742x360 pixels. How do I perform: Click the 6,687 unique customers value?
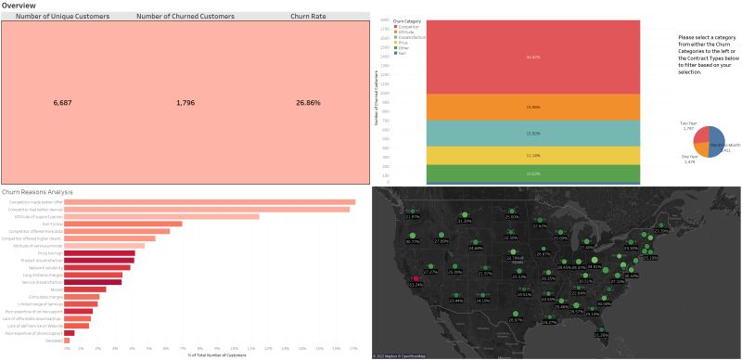coord(63,102)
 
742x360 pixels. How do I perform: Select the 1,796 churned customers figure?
coord(192,102)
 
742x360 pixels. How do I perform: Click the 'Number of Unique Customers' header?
coord(63,17)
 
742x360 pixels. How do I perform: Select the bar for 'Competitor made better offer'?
coord(209,201)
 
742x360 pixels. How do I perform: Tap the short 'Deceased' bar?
coord(65,340)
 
